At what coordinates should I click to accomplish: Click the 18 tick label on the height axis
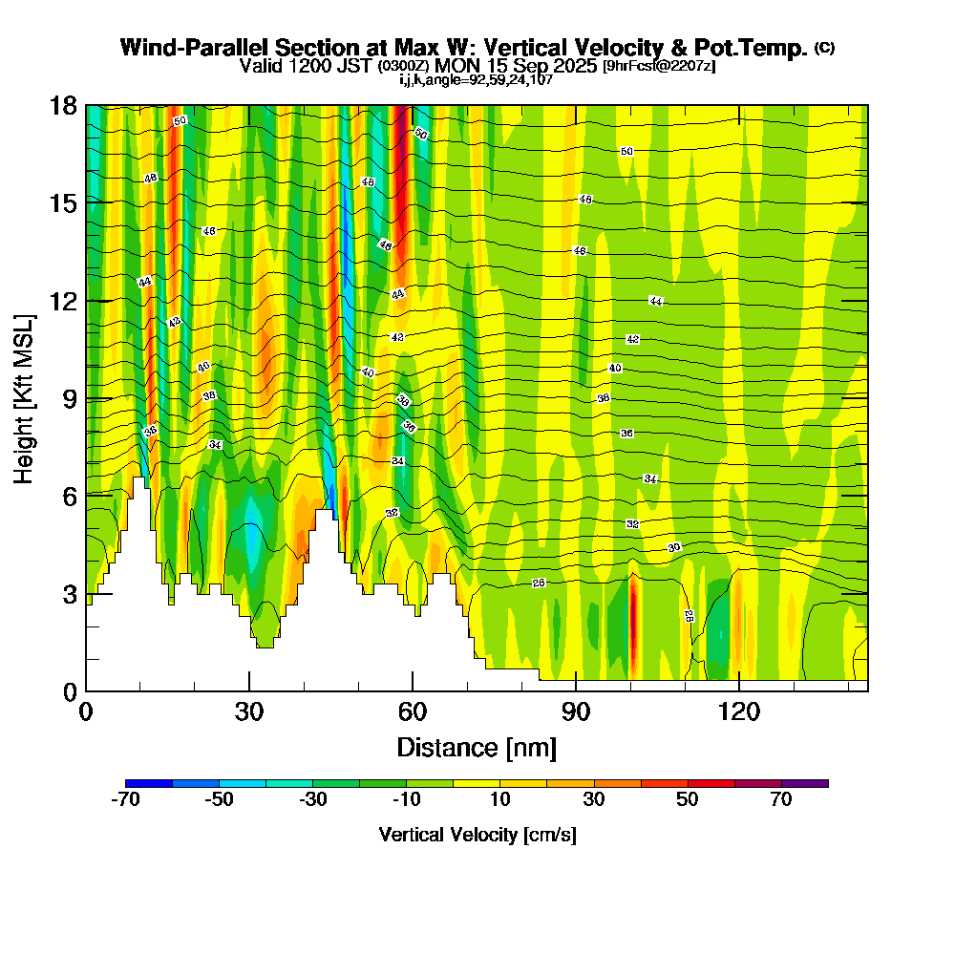63,106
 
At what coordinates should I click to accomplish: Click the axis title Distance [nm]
477,747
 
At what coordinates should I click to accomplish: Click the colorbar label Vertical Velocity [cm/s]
477,835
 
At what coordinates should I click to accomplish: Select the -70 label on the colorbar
125,800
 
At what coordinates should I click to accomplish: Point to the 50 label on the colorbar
688,800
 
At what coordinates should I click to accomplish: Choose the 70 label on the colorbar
781,800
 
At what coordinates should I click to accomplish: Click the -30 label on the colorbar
313,800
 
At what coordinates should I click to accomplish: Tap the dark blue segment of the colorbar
149,783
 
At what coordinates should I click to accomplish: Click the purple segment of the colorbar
805,783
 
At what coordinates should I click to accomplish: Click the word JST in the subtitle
359,66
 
